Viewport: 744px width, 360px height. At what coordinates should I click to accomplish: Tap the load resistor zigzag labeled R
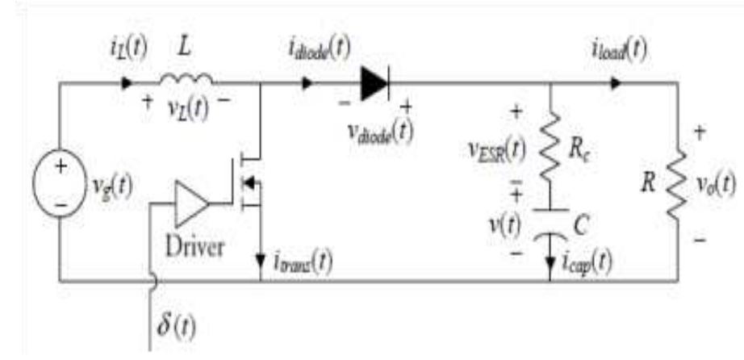coord(676,194)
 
